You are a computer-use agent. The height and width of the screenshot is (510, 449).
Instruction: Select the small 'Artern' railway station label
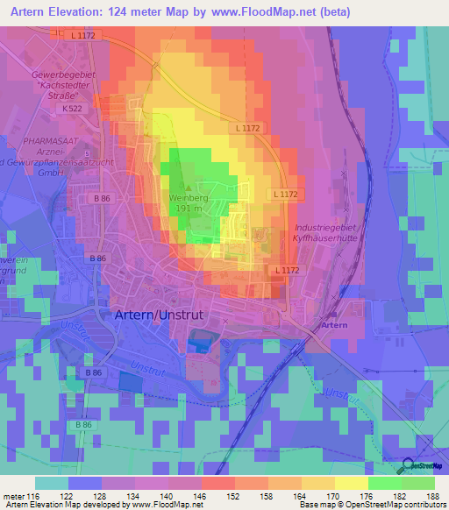336,324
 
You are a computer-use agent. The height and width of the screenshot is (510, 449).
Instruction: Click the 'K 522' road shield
72,108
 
